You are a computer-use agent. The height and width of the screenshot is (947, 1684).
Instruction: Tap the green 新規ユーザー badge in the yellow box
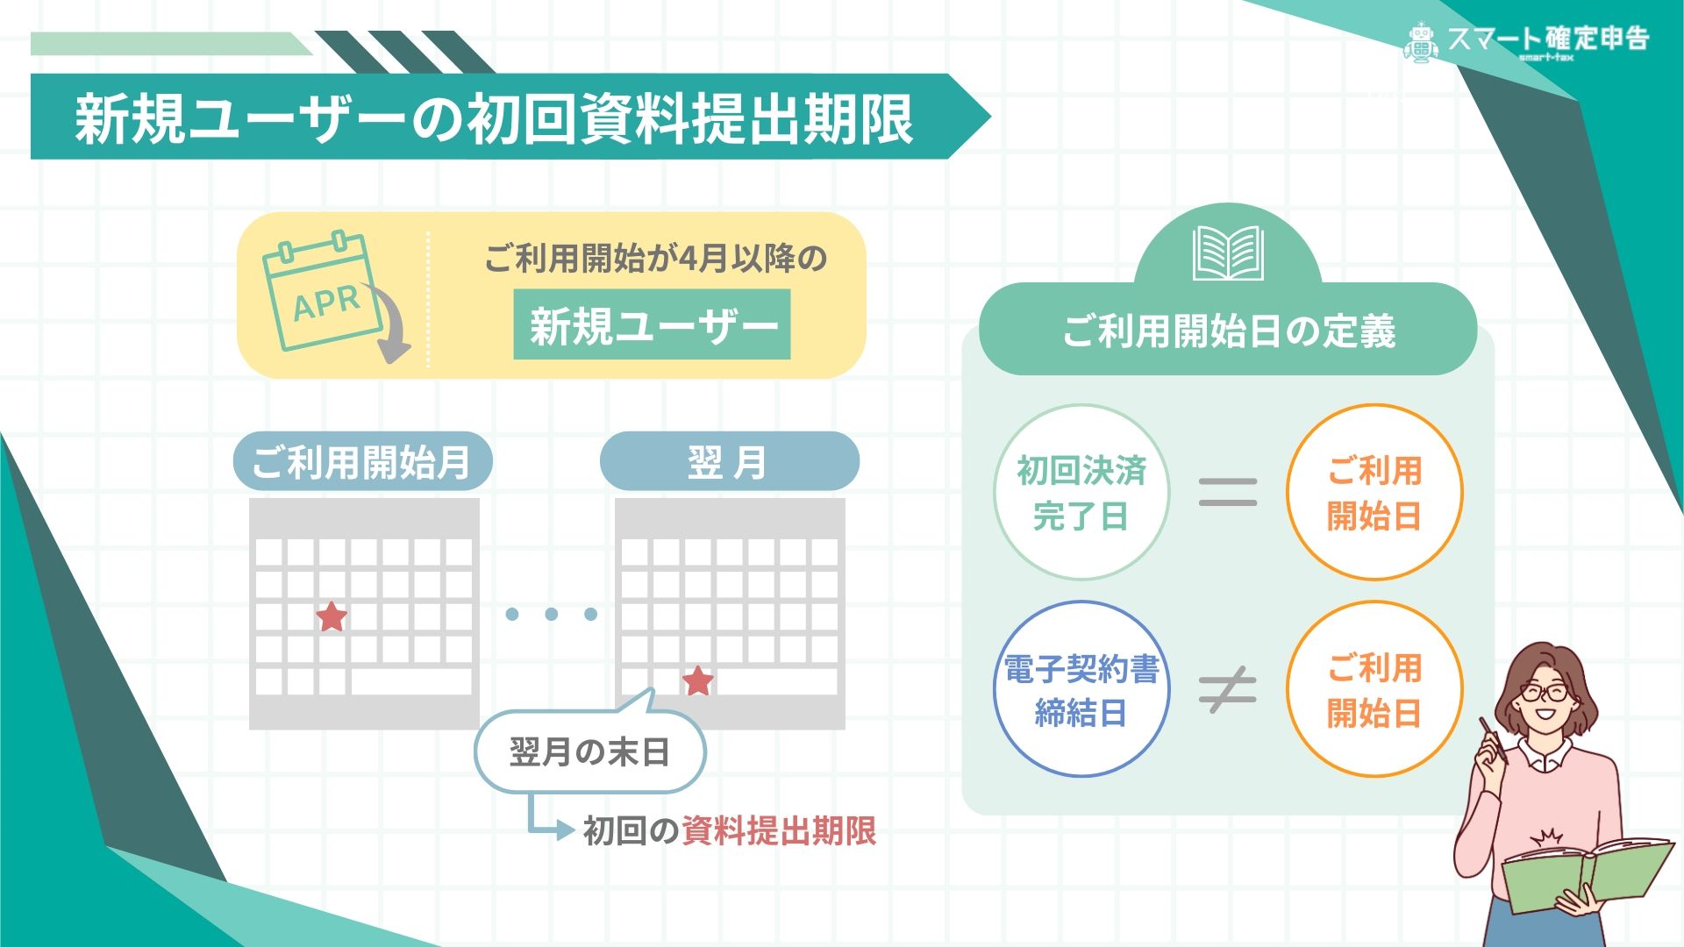point(652,325)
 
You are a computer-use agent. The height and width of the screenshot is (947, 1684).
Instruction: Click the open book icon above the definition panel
point(1228,253)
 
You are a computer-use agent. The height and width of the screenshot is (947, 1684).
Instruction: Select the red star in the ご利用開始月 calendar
point(332,616)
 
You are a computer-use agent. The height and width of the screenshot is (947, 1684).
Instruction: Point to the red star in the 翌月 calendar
point(698,680)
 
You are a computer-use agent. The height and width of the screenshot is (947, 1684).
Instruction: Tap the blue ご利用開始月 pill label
point(362,461)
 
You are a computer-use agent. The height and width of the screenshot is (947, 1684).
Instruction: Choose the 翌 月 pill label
point(729,461)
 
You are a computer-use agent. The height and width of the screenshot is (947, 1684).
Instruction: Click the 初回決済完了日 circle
point(1081,492)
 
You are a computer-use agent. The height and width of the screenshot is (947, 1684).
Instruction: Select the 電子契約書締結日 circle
point(1081,689)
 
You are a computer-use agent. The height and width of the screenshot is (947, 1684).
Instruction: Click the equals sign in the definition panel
point(1228,492)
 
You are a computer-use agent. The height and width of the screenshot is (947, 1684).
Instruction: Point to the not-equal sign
point(1228,689)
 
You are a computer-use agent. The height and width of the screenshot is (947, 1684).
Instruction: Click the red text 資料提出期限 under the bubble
point(779,830)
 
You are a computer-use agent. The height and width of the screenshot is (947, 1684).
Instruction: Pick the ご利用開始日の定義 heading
point(1228,331)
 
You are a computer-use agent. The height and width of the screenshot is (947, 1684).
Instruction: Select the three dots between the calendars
point(551,614)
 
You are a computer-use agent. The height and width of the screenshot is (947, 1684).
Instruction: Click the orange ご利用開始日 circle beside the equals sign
point(1374,492)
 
